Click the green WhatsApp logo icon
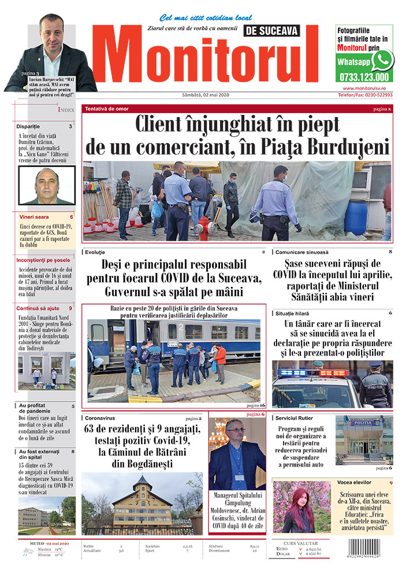pos(382,59)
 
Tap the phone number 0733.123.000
pos(365,76)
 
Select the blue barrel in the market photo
pos(356,217)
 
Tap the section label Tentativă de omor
pos(107,108)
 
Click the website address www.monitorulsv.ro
pos(364,87)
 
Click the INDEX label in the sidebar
pos(66,109)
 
